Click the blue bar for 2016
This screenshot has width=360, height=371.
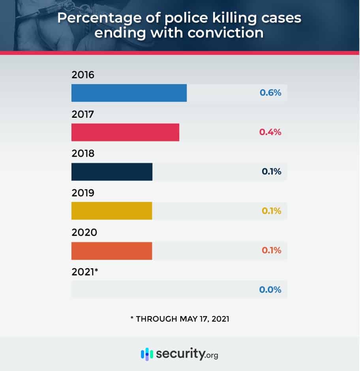click(129, 93)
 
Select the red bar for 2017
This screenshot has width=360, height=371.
click(125, 132)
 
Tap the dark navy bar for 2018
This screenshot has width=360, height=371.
click(112, 172)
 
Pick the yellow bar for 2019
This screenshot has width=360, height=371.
click(112, 211)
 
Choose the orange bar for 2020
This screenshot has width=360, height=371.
click(112, 250)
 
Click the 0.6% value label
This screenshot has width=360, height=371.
click(270, 93)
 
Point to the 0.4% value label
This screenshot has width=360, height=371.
click(270, 132)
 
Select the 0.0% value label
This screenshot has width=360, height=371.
click(270, 290)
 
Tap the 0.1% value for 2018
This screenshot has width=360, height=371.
click(271, 172)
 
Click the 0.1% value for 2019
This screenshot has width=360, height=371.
click(271, 211)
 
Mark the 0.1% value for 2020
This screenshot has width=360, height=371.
click(271, 250)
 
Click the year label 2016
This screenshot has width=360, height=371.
click(83, 75)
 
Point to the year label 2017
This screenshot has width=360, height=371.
click(83, 114)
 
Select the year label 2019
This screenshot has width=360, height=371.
click(83, 193)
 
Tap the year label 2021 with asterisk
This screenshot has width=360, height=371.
click(85, 271)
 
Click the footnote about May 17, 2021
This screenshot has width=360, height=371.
click(180, 318)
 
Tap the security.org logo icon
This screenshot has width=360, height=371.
click(147, 354)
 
